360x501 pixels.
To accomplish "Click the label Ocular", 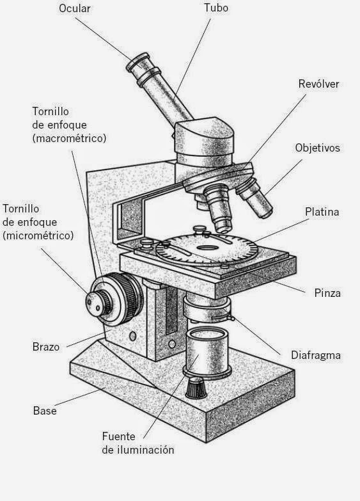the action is click(75, 8).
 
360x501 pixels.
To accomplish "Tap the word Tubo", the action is click(216, 8).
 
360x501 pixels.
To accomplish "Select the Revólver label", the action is click(318, 84).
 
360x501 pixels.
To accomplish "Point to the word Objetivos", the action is click(318, 148).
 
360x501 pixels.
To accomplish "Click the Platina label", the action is click(322, 212).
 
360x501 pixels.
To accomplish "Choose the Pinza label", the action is click(327, 293).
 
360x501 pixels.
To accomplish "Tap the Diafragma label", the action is click(316, 355).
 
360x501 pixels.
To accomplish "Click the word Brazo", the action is click(46, 347).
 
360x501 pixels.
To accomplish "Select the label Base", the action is click(45, 411).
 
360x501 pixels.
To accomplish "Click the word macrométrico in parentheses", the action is click(69, 138).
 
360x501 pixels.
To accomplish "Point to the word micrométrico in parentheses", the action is click(38, 235).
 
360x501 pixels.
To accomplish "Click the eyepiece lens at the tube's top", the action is click(138, 62).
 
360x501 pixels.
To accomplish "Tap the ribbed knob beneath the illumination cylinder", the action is click(196, 388).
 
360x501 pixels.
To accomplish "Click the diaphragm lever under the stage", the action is click(223, 318).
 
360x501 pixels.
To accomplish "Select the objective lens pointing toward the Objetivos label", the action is click(255, 198).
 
